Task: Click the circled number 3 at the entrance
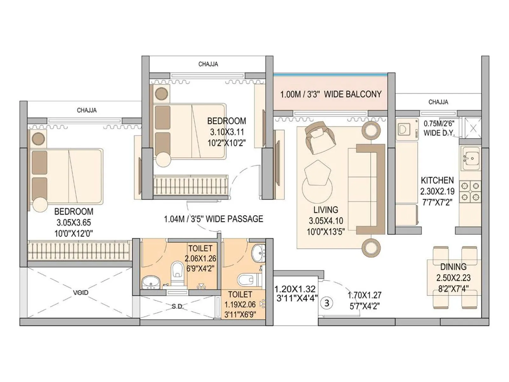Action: click(327, 303)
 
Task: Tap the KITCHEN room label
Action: click(437, 180)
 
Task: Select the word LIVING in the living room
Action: click(325, 210)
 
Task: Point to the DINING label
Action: click(453, 267)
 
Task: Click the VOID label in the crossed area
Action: click(81, 292)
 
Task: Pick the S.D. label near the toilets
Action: click(178, 306)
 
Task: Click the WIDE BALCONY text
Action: click(352, 94)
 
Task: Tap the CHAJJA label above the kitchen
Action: click(438, 102)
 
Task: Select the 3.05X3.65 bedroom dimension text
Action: click(74, 223)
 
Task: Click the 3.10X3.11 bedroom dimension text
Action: click(227, 132)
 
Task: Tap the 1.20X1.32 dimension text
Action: click(295, 289)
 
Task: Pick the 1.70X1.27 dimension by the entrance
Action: click(364, 295)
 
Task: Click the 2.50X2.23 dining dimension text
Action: click(453, 278)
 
